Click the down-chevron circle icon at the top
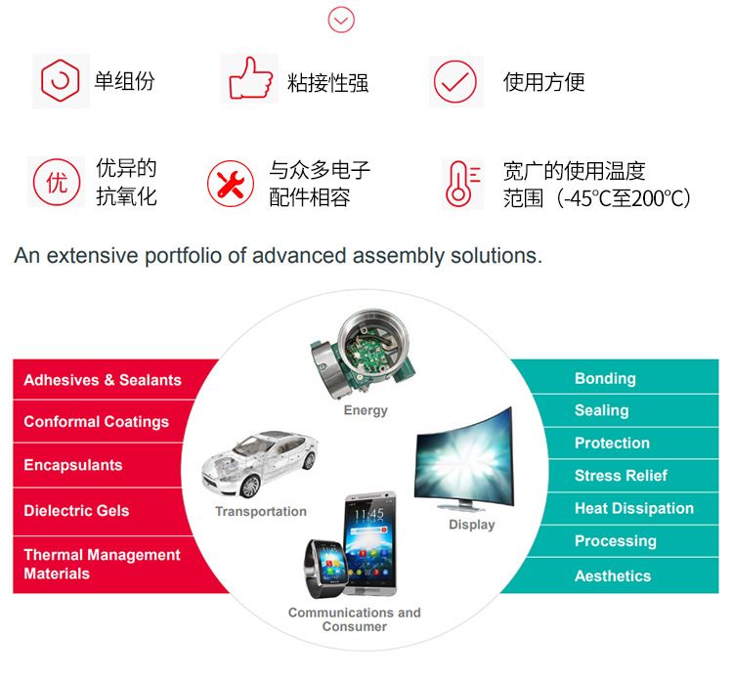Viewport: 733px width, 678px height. coord(341,20)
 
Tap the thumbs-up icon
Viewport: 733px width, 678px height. coord(250,78)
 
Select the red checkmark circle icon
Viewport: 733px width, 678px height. coord(454,82)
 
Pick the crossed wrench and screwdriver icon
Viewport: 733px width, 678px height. coord(231,184)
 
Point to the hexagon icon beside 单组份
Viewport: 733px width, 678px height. coord(60,80)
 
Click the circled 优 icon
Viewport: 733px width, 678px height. coord(57,183)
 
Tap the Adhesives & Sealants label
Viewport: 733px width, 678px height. coord(103,380)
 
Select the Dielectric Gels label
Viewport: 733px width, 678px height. coord(76,511)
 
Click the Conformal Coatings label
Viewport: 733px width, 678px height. coord(97,422)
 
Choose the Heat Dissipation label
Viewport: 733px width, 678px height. coord(634,508)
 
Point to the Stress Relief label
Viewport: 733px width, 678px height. coord(621,476)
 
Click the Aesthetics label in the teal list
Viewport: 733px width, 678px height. coord(613,576)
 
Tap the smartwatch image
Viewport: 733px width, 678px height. coord(325,569)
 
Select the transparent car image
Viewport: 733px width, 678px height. coord(260,463)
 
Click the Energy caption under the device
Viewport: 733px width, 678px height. coord(366,410)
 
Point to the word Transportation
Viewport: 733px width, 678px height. coord(261,511)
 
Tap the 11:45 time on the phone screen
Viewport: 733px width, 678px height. coord(368,515)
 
